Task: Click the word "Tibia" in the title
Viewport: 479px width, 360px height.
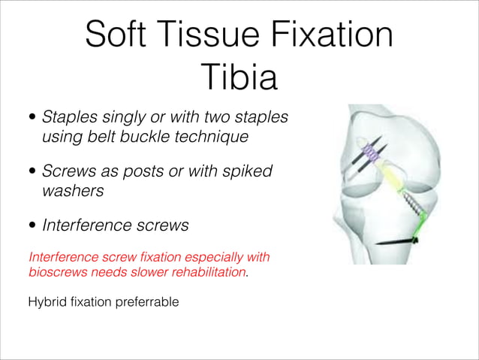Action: tap(239, 77)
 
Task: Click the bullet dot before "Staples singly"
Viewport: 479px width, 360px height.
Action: tap(32, 118)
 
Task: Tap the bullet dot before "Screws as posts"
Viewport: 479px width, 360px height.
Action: tap(32, 172)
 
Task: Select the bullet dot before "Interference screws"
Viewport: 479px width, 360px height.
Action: tap(32, 225)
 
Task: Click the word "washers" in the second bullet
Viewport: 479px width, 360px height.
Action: tap(72, 191)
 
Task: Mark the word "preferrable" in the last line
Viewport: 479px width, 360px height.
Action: tap(147, 304)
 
